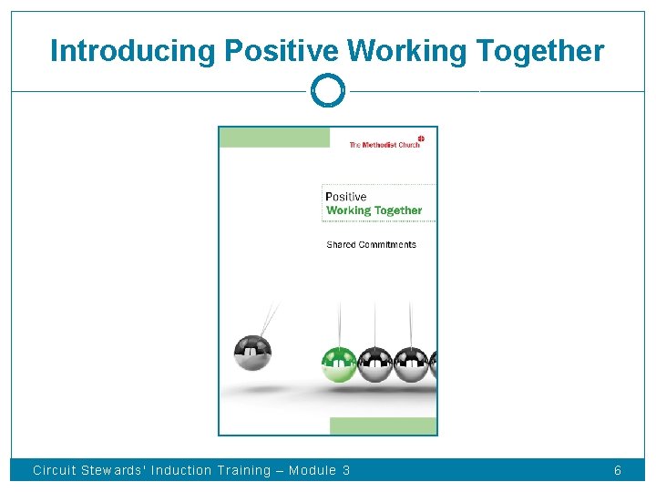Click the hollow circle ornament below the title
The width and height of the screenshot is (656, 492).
point(328,91)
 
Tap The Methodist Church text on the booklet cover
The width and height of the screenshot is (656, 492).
point(384,145)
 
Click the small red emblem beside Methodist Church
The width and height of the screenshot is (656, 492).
point(421,138)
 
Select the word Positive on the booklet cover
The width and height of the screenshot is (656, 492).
point(346,197)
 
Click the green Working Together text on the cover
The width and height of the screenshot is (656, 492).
point(374,210)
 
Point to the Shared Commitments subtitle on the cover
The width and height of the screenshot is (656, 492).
point(371,244)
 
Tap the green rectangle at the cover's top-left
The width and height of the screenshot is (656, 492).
point(274,138)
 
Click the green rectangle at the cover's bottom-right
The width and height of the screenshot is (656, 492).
point(383,425)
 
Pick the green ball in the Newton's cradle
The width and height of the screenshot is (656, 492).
point(339,364)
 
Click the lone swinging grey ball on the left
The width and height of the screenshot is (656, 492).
point(251,353)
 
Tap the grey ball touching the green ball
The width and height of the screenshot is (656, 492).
point(374,364)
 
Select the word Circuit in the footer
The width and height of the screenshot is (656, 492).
point(54,471)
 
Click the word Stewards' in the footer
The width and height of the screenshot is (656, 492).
point(113,471)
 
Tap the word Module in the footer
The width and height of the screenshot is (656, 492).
point(313,471)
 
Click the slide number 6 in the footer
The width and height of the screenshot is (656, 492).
point(618,471)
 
